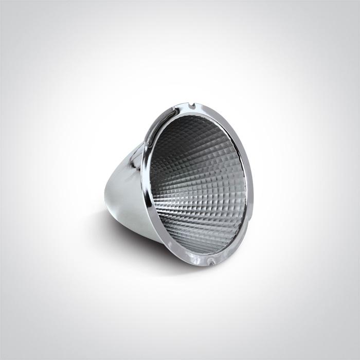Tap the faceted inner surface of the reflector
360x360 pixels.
pos(201,190)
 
